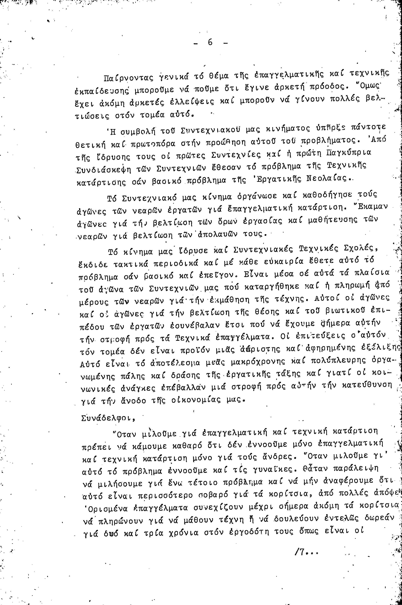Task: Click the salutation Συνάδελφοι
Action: click(x=108, y=418)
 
